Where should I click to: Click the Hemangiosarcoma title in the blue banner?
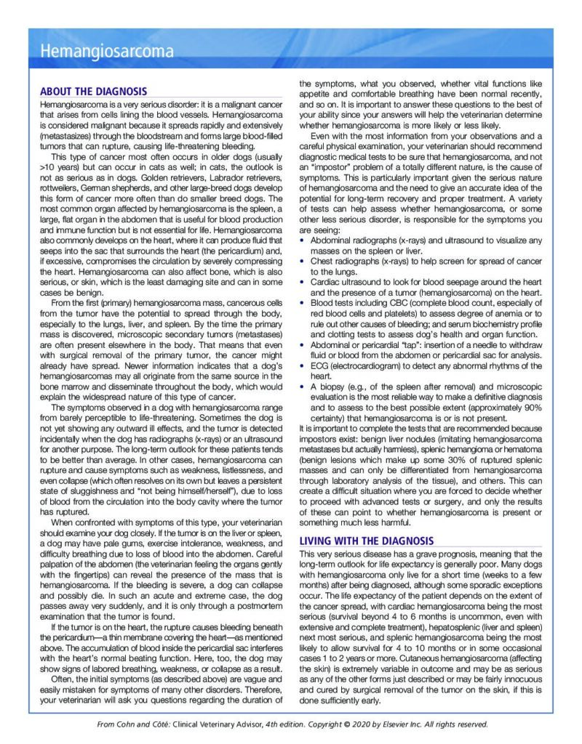point(107,52)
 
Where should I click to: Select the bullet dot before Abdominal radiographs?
point(303,240)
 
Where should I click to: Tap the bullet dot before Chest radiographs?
point(303,260)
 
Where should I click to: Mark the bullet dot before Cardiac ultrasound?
point(303,280)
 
